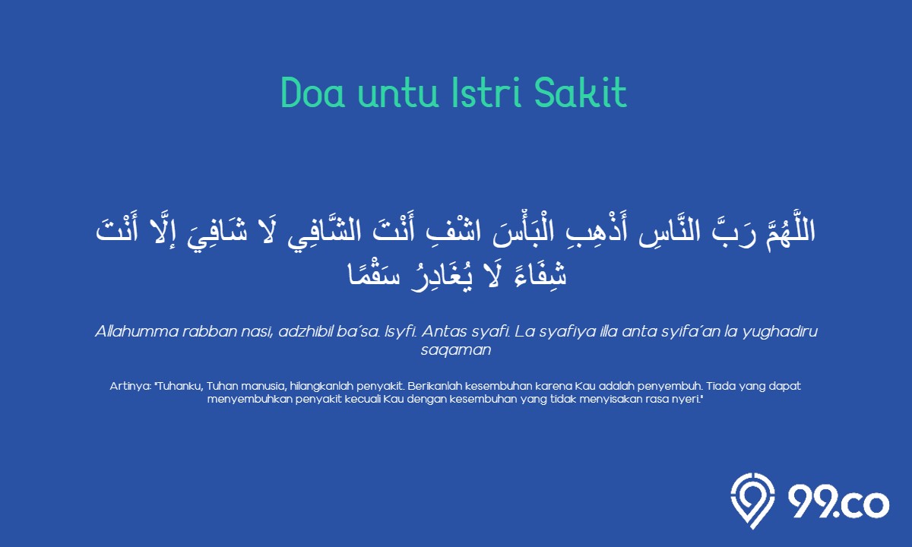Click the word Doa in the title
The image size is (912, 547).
pos(312,93)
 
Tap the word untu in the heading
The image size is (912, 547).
pos(397,93)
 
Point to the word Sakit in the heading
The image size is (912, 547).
pos(580,93)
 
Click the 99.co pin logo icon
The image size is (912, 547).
pos(752,500)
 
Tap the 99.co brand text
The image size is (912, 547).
pos(838,502)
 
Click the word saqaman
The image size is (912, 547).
pos(456,350)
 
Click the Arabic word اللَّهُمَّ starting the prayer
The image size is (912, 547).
pos(790,231)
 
